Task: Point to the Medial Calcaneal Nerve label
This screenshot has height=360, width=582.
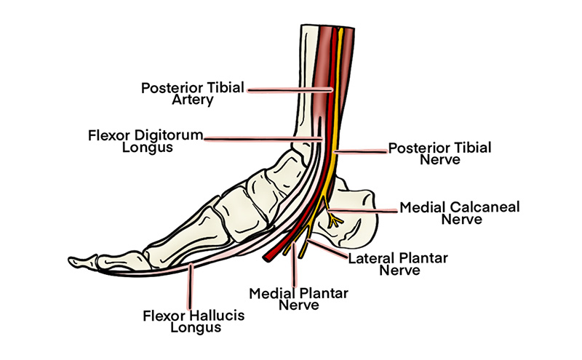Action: coord(459,214)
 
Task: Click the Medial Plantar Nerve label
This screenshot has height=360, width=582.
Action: coord(298,299)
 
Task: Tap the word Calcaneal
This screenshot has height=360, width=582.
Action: coord(483,207)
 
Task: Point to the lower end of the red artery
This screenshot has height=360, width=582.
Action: coord(268,256)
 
